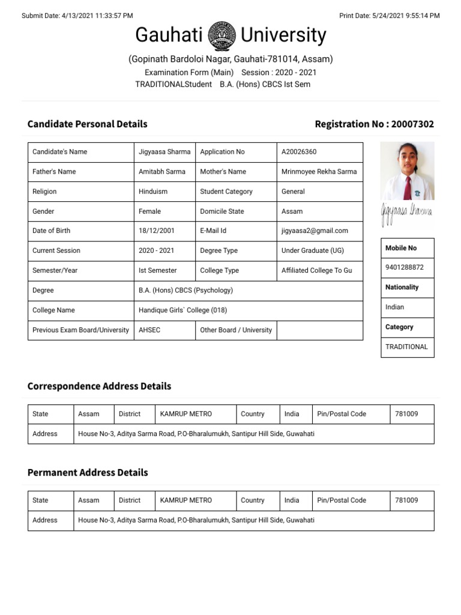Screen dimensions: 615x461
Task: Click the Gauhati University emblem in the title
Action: point(221,36)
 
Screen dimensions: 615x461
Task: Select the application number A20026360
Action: point(299,152)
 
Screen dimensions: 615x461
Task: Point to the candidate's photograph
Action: point(408,171)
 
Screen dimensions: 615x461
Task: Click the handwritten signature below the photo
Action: point(406,214)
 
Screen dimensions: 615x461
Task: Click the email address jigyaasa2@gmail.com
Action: point(315,231)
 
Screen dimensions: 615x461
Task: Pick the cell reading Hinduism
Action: point(153,192)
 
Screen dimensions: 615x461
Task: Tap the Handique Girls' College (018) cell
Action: point(182,311)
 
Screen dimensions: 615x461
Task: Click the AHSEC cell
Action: point(149,330)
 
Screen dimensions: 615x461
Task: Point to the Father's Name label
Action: point(54,172)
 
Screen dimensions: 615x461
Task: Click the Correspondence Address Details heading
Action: point(99,386)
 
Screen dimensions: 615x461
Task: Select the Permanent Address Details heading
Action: point(88,473)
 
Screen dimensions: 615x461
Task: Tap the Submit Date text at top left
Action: point(77,16)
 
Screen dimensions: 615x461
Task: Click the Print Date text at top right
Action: point(389,16)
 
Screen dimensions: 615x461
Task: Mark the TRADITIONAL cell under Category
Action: point(406,347)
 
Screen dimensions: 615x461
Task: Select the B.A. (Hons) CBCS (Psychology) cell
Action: point(185,291)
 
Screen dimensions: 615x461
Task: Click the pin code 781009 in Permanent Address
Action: point(406,500)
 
